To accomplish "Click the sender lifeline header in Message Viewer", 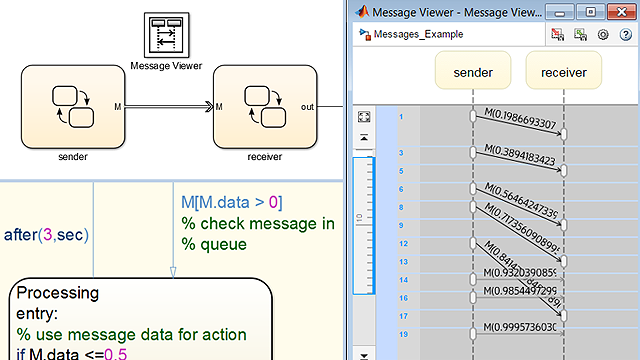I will pos(473,73).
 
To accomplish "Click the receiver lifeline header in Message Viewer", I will pos(564,73).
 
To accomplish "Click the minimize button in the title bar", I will pos(562,11).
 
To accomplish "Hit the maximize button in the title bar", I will pos(590,11).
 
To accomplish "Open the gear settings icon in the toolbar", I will pos(603,34).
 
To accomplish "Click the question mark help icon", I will pos(625,34).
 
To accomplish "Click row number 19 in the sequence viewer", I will pos(402,334).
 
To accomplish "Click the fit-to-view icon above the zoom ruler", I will pos(364,117).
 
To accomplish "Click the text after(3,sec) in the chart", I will pos(47,235).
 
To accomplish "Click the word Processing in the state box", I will pos(58,293).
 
